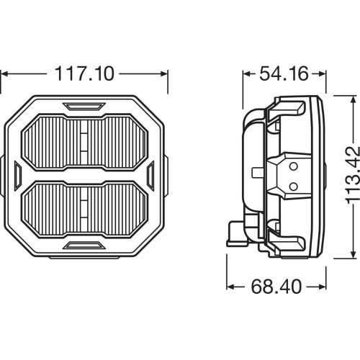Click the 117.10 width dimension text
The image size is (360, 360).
click(84, 73)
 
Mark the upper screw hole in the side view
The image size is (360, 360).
click(292, 165)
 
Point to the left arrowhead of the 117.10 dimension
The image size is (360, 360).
click(4, 73)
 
